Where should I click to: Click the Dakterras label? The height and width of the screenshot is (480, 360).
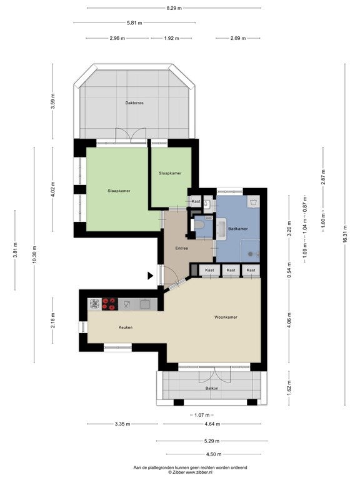134,103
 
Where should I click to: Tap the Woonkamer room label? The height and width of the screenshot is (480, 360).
226,317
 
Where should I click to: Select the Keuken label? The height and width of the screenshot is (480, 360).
126,327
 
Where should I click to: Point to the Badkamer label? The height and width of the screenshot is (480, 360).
238,229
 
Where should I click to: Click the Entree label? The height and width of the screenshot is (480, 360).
181,248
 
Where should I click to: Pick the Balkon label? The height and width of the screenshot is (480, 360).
212,388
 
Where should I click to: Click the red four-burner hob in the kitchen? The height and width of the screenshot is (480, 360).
110,304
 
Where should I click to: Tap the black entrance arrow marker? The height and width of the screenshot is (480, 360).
150,276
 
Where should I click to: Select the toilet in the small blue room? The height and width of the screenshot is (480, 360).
199,225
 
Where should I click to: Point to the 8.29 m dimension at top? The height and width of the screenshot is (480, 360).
174,8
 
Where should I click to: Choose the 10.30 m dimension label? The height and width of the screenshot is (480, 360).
34,255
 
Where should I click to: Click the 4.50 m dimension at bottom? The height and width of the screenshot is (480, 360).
214,454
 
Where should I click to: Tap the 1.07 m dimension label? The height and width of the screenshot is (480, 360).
202,415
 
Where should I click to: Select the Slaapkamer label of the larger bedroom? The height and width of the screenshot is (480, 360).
119,191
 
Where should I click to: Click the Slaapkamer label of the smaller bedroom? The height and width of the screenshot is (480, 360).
170,173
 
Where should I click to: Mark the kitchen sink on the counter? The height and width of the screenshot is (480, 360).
144,304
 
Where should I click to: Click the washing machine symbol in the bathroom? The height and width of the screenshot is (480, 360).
254,202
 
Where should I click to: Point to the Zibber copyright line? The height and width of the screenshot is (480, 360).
190,472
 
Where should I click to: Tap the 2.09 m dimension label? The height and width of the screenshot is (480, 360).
238,38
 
